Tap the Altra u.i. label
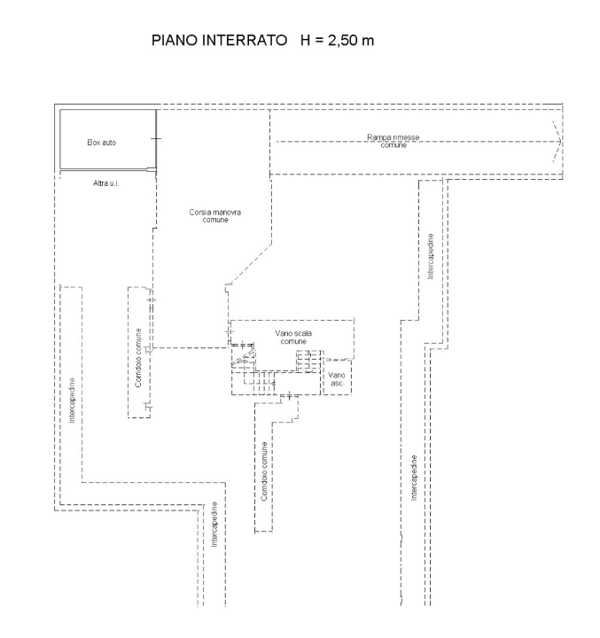pos(107,183)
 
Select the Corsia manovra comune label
pos(209,215)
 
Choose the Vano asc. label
pos(337,380)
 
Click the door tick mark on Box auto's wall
pos(156,140)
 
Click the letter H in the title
pos(306,43)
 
